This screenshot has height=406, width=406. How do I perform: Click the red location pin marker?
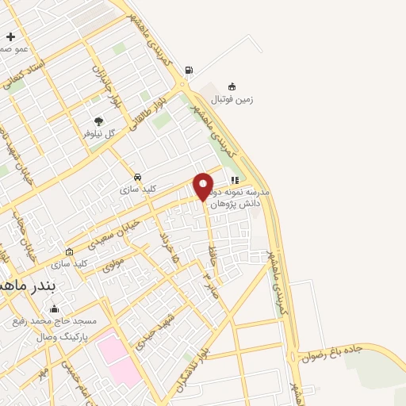click(204, 187)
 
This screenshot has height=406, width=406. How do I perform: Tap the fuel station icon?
click(188, 70)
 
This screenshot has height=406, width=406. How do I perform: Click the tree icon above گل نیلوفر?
click(98, 121)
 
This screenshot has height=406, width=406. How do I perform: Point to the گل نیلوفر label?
click(99, 134)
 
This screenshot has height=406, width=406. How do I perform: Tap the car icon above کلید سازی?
click(138, 177)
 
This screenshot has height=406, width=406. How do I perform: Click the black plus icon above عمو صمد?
click(10, 36)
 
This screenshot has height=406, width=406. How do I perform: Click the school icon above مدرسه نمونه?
click(235, 180)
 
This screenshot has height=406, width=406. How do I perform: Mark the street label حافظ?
click(213, 254)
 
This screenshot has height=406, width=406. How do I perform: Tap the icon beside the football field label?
click(232, 86)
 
